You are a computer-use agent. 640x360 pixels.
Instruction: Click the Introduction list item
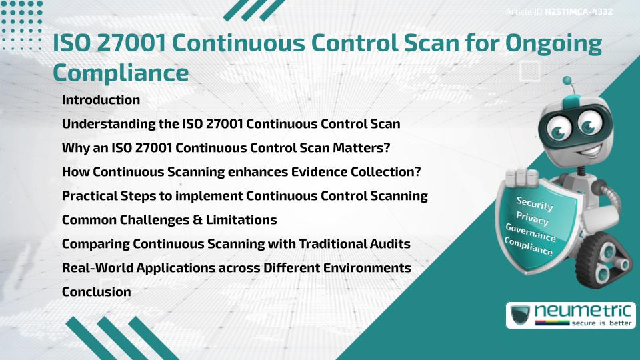pos(101,100)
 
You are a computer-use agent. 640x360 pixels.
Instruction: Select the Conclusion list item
pos(96,291)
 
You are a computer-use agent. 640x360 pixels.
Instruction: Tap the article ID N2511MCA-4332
pos(578,11)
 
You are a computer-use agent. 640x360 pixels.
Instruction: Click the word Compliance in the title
pos(121,72)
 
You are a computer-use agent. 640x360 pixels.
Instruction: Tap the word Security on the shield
pos(535,203)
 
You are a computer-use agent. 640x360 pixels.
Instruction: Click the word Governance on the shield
pos(531,233)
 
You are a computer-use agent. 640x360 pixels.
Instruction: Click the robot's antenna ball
pos(567,81)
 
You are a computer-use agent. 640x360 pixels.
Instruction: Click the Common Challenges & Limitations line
pos(169,219)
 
